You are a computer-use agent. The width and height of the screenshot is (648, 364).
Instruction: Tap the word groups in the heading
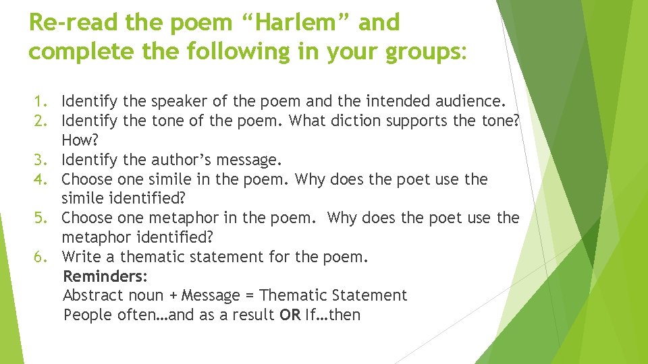click(x=416, y=51)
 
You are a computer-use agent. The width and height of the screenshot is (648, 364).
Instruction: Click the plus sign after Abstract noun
click(x=174, y=296)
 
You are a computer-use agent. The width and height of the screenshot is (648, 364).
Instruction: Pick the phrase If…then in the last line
click(x=333, y=315)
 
